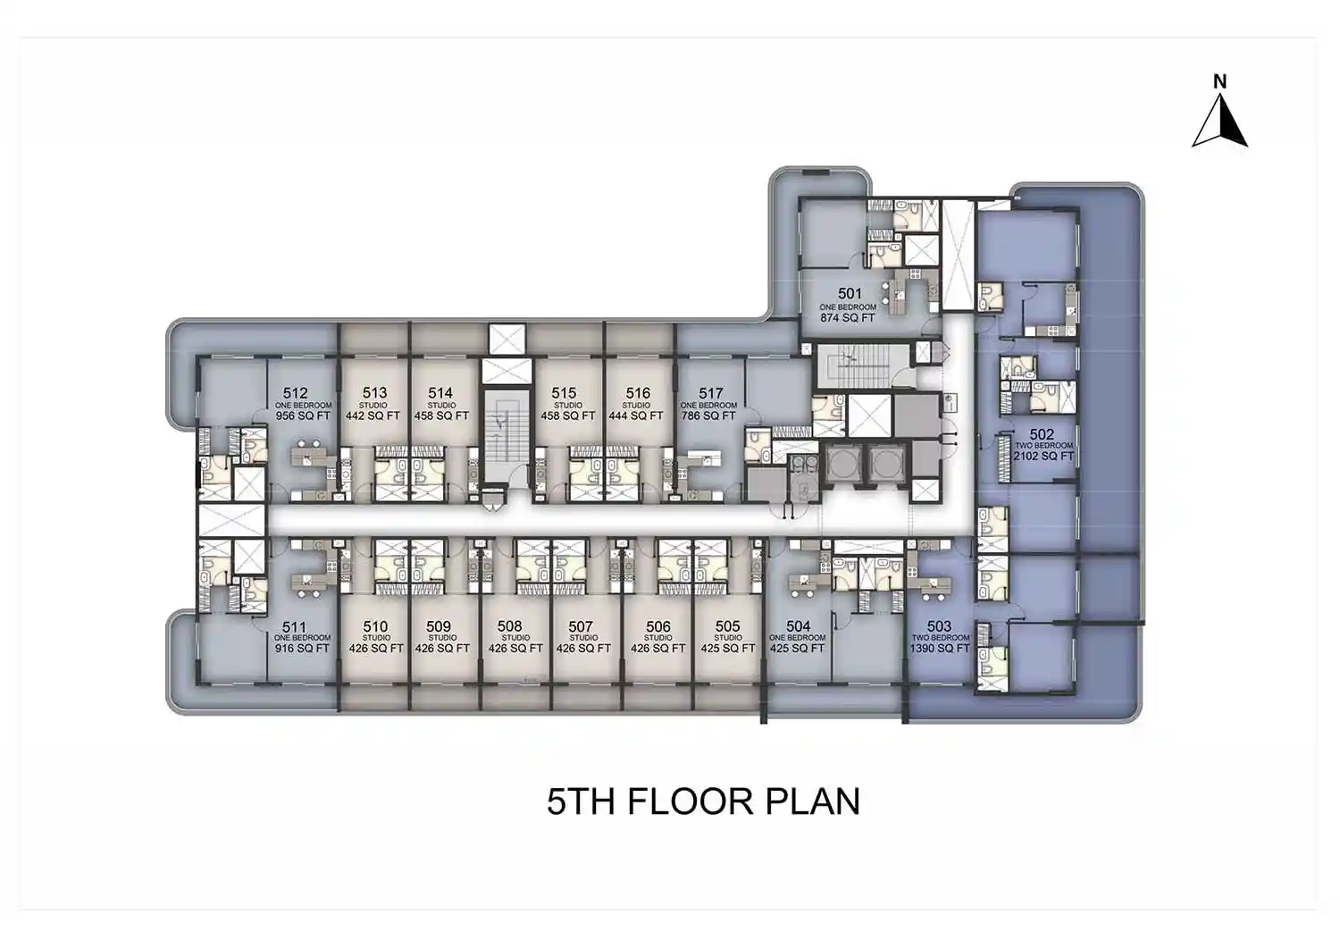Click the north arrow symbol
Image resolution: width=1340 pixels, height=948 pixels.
1220,122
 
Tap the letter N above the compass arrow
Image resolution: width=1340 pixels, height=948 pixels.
1219,81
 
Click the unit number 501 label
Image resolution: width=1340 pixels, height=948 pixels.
850,294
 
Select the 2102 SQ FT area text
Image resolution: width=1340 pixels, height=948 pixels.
1043,457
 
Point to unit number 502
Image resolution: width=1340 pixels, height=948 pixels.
1042,435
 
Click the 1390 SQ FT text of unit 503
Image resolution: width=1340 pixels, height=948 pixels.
940,649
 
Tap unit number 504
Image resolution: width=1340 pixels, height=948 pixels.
798,626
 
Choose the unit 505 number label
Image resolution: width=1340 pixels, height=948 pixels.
727,626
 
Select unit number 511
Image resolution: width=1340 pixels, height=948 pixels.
294,627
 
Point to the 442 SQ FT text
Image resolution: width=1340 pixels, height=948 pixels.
373,415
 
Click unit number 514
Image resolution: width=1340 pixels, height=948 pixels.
440,393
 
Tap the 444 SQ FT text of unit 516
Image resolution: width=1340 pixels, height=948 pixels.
636,415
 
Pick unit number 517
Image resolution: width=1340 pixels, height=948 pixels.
711,393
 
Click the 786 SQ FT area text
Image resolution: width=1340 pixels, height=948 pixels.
708,415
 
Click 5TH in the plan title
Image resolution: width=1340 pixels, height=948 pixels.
581,801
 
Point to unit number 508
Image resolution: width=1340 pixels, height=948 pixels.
509,626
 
